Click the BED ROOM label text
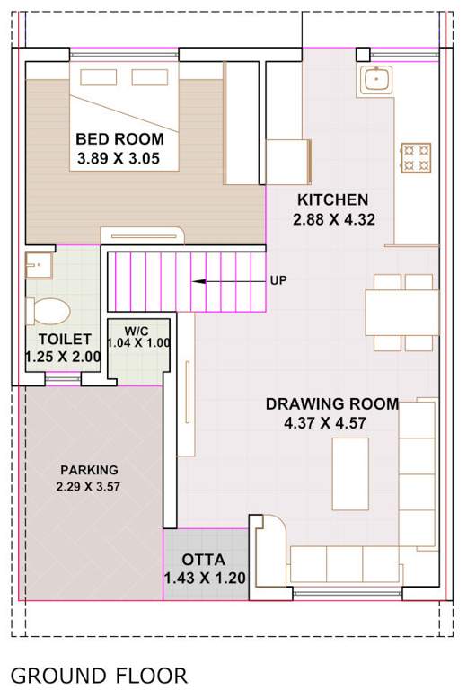click(119, 139)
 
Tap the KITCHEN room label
click(332, 199)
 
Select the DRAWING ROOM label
click(331, 404)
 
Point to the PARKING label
click(89, 470)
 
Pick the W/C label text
click(137, 330)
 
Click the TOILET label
click(64, 339)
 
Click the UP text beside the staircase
click(278, 280)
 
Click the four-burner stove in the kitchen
click(416, 157)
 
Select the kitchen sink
click(375, 79)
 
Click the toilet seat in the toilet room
click(48, 311)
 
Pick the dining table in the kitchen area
click(401, 313)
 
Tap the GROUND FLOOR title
click(99, 676)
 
